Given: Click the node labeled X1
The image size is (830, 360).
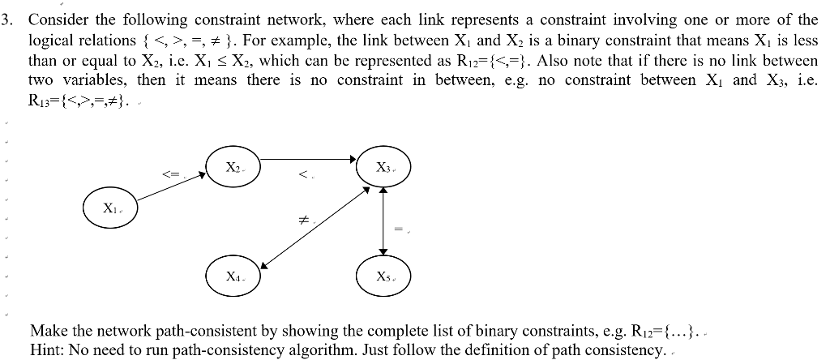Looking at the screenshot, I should pyautogui.click(x=109, y=208).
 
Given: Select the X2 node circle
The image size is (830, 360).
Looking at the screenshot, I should pyautogui.click(x=233, y=166).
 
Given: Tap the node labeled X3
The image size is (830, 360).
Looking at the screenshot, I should pyautogui.click(x=384, y=167).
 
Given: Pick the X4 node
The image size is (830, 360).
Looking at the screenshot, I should pyautogui.click(x=233, y=276).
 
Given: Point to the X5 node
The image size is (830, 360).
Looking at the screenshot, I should pyautogui.click(x=384, y=276).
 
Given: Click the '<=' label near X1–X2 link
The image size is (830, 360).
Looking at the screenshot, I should pyautogui.click(x=169, y=173).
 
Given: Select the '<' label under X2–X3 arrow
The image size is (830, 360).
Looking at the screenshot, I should pyautogui.click(x=302, y=174).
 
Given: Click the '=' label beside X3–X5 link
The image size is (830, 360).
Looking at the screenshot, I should pyautogui.click(x=398, y=229).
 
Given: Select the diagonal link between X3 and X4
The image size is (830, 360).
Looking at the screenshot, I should pyautogui.click(x=316, y=226).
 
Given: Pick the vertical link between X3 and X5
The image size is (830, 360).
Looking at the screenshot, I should pyautogui.click(x=383, y=222).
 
